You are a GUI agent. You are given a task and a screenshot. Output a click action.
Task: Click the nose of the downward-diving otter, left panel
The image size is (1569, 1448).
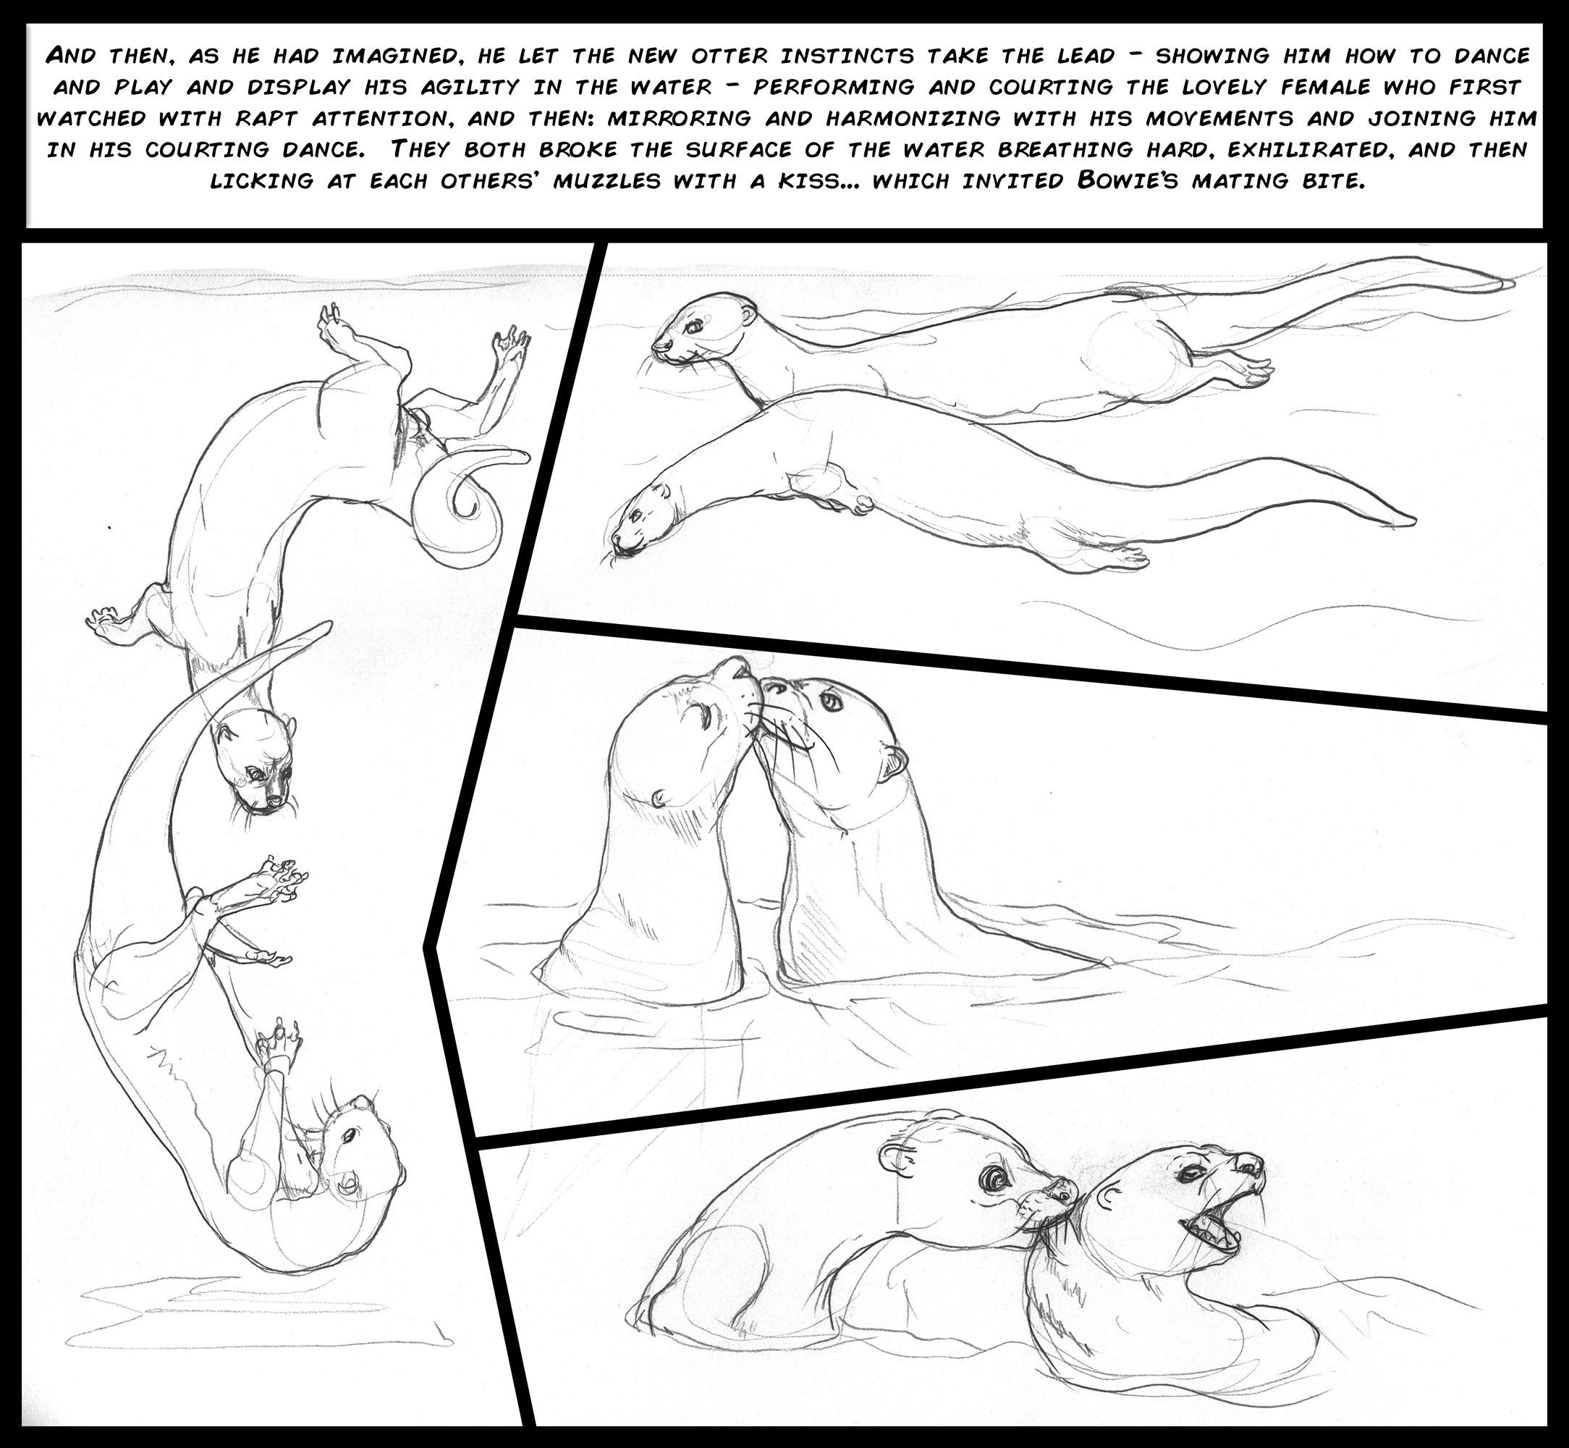pos(274,801)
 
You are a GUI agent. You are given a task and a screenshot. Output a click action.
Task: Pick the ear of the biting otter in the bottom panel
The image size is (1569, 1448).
pos(893,1153)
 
